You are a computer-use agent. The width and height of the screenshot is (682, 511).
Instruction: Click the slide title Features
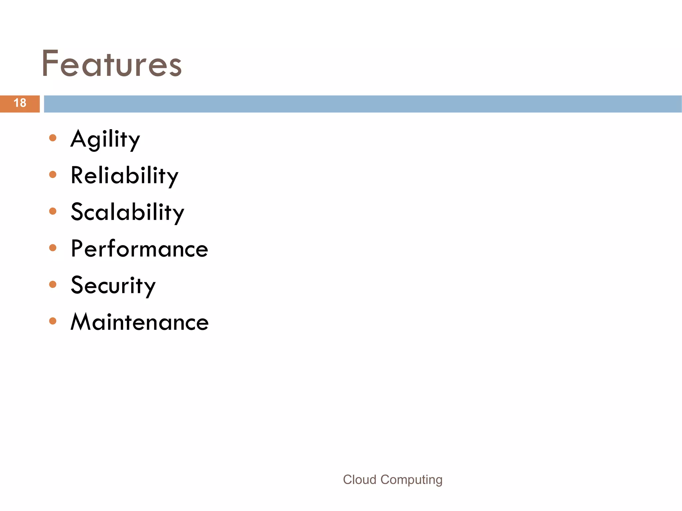click(x=112, y=63)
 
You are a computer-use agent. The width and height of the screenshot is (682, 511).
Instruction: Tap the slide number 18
click(x=20, y=103)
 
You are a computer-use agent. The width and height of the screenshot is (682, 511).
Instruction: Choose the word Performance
click(x=140, y=249)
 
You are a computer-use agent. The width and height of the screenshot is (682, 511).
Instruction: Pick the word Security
click(x=113, y=285)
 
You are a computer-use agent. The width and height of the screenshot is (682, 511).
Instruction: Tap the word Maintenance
click(x=140, y=322)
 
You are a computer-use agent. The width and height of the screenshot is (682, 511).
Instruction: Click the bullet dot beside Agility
click(x=53, y=138)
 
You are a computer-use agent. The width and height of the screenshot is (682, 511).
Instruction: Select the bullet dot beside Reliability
click(x=53, y=174)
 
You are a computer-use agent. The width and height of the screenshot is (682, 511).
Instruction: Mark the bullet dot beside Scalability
click(x=53, y=211)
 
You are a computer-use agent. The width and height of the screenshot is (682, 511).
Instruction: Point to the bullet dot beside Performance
click(x=53, y=248)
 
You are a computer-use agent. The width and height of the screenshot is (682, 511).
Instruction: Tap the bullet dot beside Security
click(x=53, y=284)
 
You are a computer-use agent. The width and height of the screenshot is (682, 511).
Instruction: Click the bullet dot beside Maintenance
click(x=53, y=321)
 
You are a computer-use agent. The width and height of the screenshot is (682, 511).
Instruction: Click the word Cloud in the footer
click(x=360, y=480)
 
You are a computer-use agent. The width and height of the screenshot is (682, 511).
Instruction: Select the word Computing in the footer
click(x=412, y=480)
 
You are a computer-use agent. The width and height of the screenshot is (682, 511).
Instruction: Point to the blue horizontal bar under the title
click(x=363, y=104)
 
